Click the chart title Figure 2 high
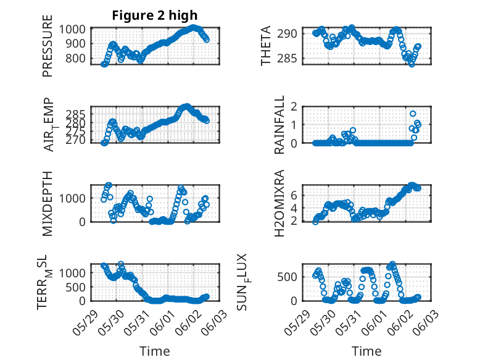154,15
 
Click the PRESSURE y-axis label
48,51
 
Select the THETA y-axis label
266,46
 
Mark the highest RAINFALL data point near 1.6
413,114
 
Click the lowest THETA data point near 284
412,64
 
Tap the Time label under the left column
154,351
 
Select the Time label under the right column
366,351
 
